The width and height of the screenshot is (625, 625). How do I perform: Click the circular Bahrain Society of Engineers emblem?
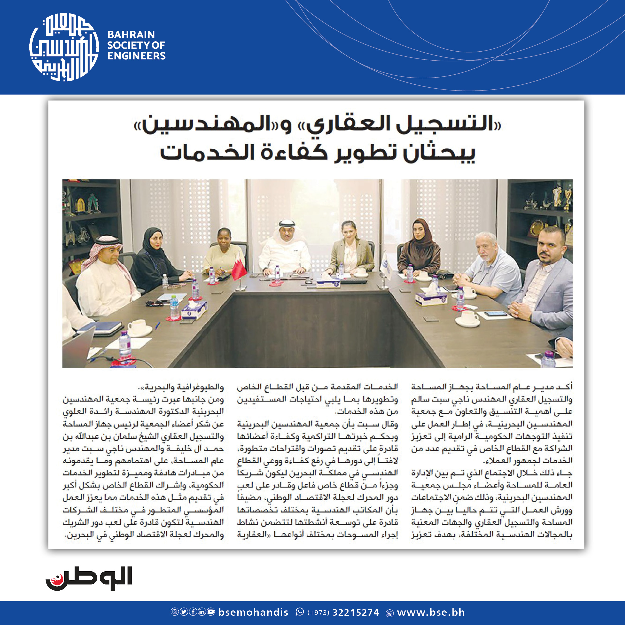[64, 47]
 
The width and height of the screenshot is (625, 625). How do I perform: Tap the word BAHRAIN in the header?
[131, 35]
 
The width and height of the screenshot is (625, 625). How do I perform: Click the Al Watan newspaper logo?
[89, 578]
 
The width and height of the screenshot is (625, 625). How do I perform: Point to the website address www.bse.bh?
[431, 612]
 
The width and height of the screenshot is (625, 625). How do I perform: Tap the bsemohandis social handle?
[253, 612]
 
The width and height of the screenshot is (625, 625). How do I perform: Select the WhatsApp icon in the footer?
[300, 612]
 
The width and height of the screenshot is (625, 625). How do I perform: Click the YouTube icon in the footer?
[211, 612]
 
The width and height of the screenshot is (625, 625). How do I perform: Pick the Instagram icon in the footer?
[175, 612]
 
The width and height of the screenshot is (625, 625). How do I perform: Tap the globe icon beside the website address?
[390, 613]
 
